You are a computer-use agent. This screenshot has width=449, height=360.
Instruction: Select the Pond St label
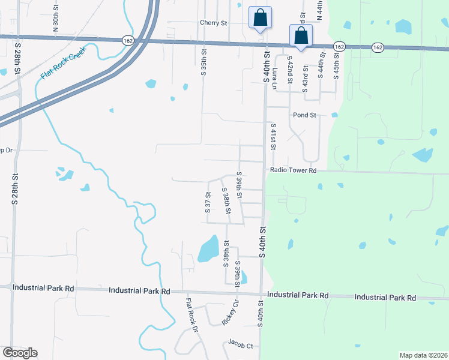(x=304, y=115)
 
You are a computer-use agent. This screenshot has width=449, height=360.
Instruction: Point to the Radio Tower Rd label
(x=293, y=170)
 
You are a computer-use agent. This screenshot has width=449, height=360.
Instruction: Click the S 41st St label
(x=273, y=138)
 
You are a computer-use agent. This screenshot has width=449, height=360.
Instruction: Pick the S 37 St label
(x=208, y=202)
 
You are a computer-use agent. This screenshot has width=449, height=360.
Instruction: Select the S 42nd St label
(x=289, y=71)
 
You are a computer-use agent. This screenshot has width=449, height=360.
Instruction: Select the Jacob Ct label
(x=240, y=344)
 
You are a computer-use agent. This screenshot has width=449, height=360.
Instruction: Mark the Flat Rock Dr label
(x=191, y=315)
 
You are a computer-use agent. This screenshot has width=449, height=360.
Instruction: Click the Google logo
(x=20, y=353)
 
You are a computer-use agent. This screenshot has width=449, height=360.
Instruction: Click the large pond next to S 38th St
(x=208, y=248)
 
